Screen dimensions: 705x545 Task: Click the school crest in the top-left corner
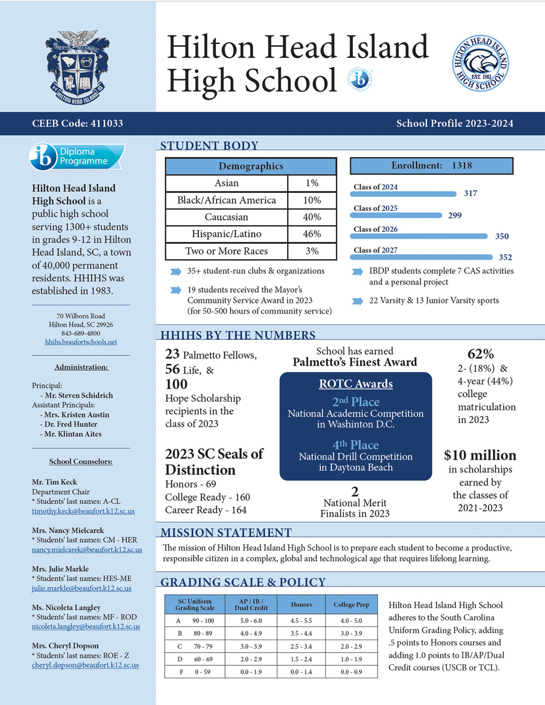pos(77,67)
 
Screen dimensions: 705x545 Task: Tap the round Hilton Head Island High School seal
pos(480,63)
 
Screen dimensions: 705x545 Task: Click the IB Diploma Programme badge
pos(77,156)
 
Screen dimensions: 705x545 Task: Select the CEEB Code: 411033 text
pos(77,123)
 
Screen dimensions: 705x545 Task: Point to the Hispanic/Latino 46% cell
pos(312,234)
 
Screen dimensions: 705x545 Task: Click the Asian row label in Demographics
pos(226,183)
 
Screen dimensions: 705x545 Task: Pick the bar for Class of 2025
pos(397,215)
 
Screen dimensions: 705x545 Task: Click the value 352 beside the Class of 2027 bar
pos(505,257)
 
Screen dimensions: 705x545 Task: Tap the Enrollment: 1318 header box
pos(431,166)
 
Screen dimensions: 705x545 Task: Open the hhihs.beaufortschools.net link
pos(81,342)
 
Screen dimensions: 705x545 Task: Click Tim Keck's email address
pos(83,511)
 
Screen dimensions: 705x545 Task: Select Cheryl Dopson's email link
pos(85,665)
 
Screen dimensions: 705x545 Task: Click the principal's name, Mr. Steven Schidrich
pos(79,395)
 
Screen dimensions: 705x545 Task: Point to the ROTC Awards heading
pos(356,384)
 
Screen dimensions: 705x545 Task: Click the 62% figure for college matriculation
pos(481,354)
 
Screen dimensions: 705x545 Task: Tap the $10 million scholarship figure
pos(480,455)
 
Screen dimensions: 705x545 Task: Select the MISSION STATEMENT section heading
pos(226,532)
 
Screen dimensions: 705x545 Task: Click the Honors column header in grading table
pos(301,605)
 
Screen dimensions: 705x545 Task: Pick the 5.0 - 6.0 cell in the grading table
pos(251,620)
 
